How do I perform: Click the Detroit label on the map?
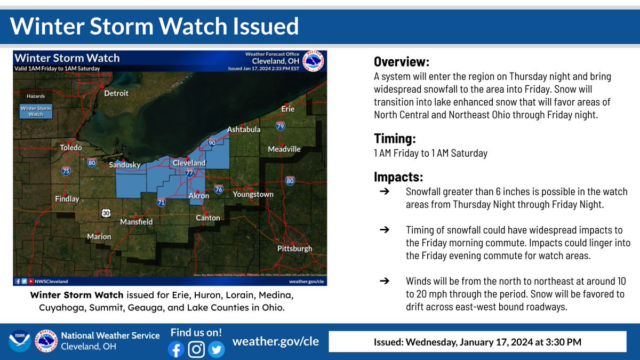tap(116, 93)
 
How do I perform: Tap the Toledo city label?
tap(70, 147)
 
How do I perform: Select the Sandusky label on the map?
tap(124, 165)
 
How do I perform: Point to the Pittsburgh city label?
tap(294, 249)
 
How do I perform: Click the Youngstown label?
tap(253, 194)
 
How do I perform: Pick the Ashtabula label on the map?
tap(244, 130)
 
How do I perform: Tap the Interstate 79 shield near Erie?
tap(281, 126)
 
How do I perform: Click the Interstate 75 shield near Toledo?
tap(66, 171)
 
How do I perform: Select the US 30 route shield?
tap(105, 213)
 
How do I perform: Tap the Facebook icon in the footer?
tap(175, 349)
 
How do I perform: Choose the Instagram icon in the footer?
tap(196, 349)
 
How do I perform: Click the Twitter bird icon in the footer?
tap(217, 349)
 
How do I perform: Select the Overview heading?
tap(401, 61)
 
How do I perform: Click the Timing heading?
tap(395, 139)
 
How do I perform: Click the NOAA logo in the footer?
tap(19, 342)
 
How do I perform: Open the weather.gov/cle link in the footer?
tap(276, 341)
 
